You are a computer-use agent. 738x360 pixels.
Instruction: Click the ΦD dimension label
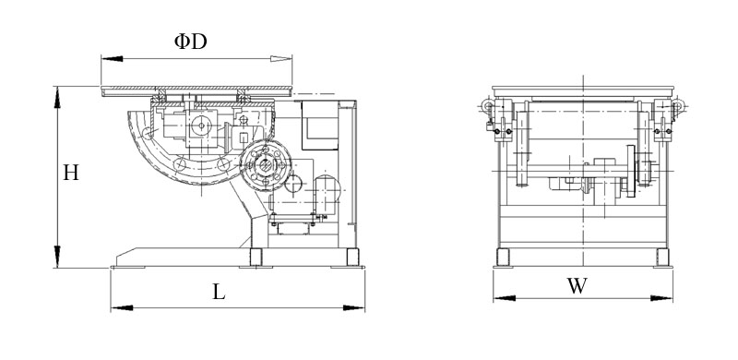[191, 42]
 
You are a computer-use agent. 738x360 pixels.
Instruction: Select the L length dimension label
[218, 293]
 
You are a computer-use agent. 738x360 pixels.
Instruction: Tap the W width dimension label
[577, 285]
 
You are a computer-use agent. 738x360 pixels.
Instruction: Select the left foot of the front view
[502, 257]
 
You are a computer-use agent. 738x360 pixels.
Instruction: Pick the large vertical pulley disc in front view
[631, 171]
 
